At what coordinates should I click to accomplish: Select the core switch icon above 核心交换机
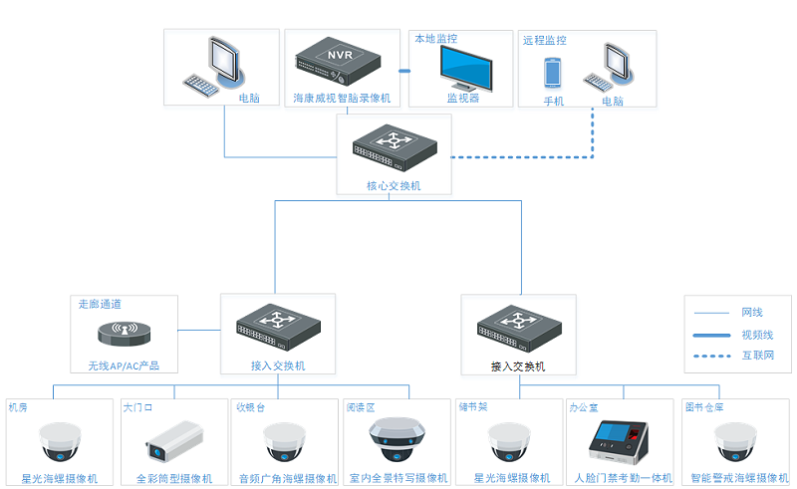393,149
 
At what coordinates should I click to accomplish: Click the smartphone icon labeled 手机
553,74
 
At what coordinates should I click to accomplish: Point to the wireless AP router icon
124,333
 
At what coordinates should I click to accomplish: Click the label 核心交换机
394,186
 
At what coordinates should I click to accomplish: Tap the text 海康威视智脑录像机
342,99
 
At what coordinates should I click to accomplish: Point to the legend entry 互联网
757,356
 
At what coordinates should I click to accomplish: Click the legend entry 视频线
757,335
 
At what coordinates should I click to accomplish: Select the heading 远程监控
545,41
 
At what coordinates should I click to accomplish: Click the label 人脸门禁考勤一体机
623,478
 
